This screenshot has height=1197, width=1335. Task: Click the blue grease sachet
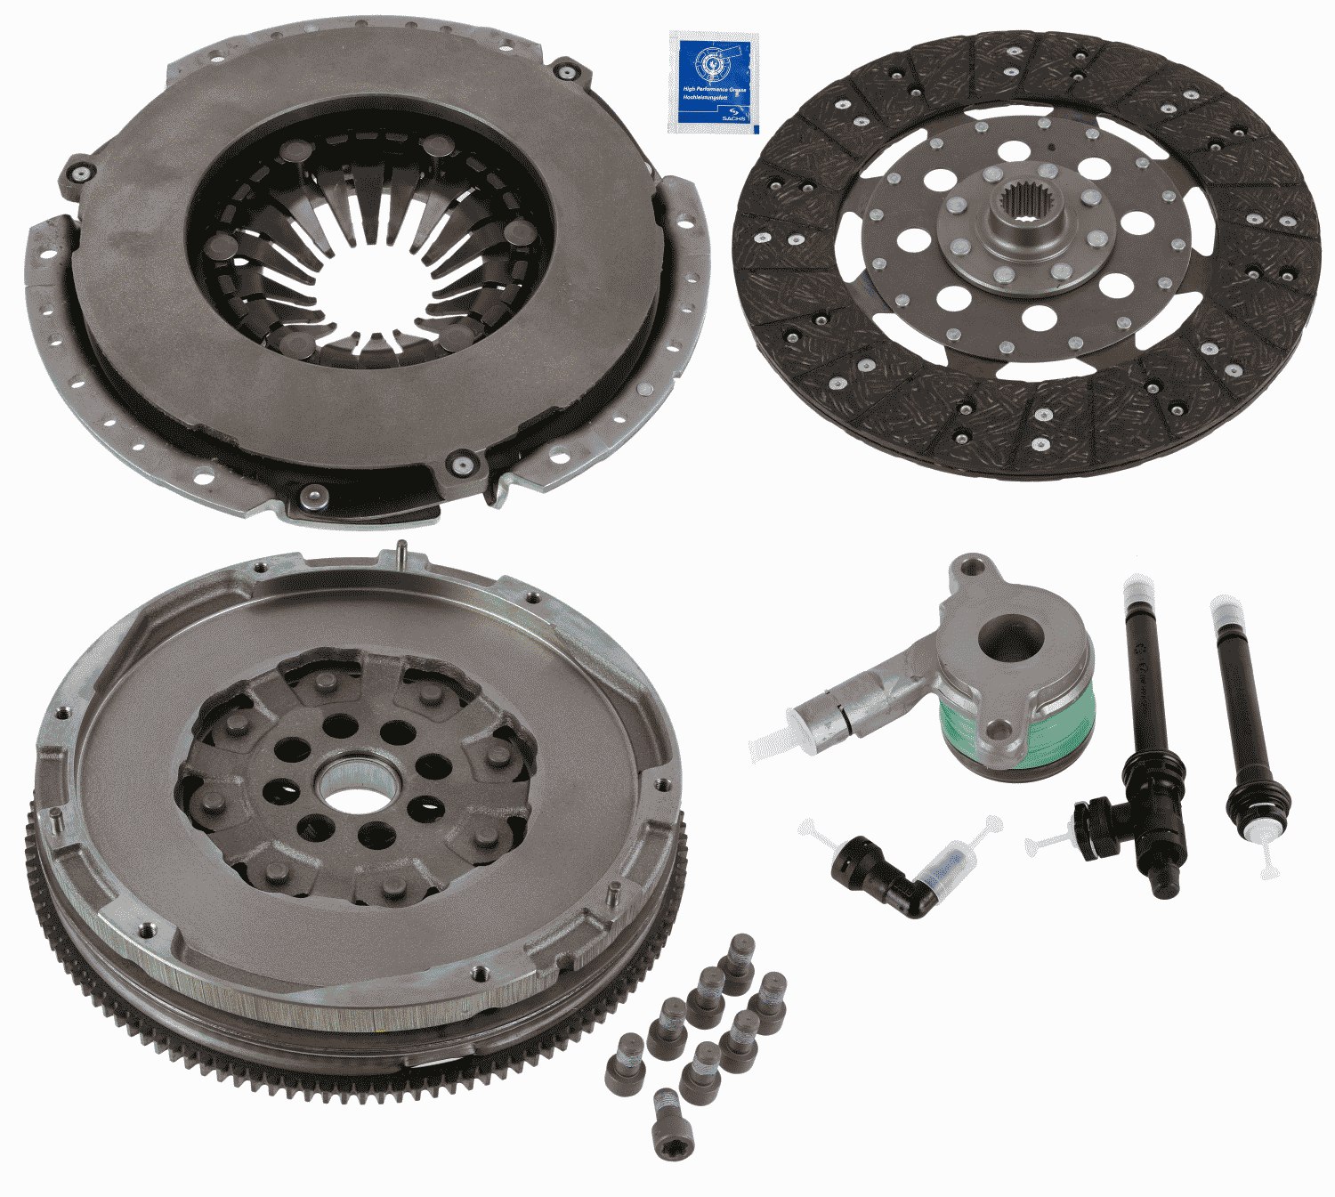click(x=713, y=82)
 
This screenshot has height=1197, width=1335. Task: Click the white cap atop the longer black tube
click(x=1136, y=589)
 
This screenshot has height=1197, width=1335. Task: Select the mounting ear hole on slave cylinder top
click(x=973, y=566)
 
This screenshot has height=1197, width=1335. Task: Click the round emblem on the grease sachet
click(x=710, y=63)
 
